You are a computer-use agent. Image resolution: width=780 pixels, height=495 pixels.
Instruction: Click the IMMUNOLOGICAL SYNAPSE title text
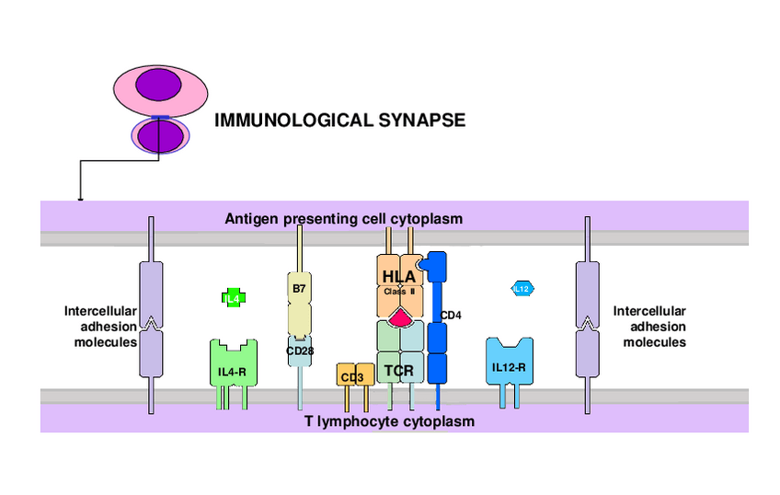coord(339,120)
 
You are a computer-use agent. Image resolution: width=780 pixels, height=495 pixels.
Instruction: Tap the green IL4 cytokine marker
coord(233,297)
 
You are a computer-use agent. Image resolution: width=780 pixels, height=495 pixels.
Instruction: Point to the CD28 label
coord(300,351)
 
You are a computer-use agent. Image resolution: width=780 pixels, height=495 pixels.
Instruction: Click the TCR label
coord(398,371)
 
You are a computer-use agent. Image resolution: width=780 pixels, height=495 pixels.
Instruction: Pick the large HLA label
coord(399,274)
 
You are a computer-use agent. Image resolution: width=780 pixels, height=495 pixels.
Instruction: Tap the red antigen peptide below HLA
coord(400,318)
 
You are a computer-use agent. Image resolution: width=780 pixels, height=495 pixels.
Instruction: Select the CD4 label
coord(451,316)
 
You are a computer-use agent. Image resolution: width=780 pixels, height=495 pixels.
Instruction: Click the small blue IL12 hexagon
coord(522,288)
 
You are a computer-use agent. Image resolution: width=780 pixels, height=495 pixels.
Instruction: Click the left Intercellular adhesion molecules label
coord(100,326)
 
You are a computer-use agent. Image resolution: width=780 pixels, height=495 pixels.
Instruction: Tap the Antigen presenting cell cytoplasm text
coord(343,218)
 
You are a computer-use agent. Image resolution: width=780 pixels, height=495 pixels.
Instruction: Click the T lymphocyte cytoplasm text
coord(389,421)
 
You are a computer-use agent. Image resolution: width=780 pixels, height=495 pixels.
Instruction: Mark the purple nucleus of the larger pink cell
coord(159,86)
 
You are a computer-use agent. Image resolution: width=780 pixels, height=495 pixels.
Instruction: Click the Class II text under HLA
coord(399,291)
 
